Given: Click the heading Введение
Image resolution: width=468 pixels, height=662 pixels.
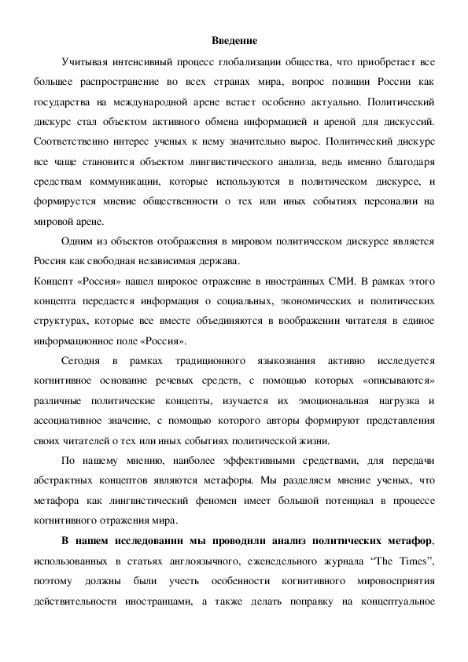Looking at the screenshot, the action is click(x=234, y=40).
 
